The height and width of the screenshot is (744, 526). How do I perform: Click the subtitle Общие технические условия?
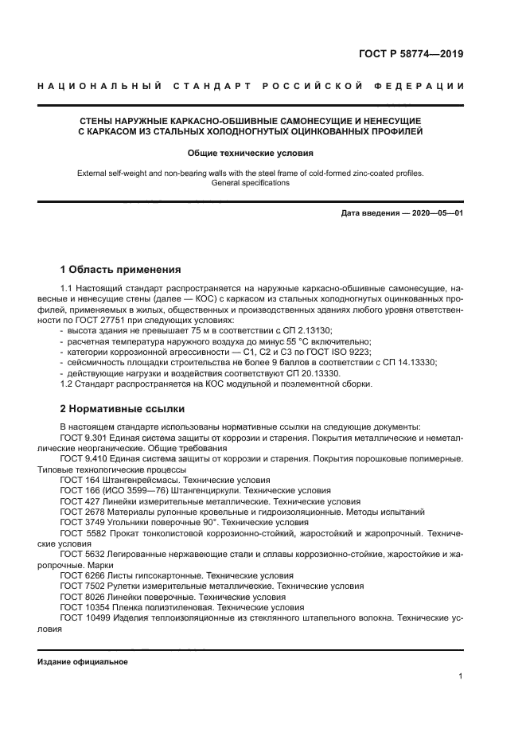point(251,152)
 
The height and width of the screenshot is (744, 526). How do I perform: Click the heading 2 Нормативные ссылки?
point(123,409)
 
